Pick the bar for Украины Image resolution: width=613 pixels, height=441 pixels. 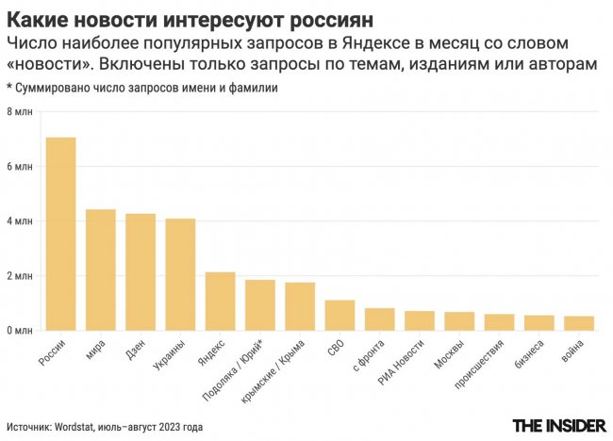(180, 274)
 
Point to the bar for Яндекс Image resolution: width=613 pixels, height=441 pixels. (220, 302)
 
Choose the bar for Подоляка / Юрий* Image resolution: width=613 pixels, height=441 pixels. (260, 305)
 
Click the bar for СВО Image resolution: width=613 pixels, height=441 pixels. (340, 316)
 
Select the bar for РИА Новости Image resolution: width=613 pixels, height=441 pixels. (420, 320)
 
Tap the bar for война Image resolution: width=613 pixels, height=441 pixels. (579, 323)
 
